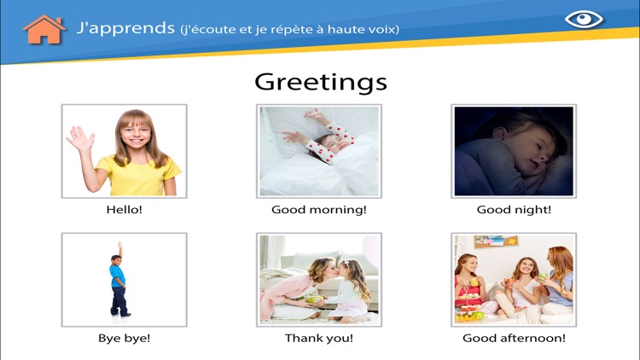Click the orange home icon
pyautogui.click(x=44, y=29)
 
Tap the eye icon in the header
pyautogui.click(x=584, y=19)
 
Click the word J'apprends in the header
pyautogui.click(x=125, y=28)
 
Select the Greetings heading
pyautogui.click(x=320, y=82)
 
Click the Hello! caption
pyautogui.click(x=124, y=210)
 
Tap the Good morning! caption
pyautogui.click(x=319, y=210)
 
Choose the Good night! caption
pyautogui.click(x=514, y=210)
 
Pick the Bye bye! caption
pyautogui.click(x=124, y=338)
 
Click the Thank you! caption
pyautogui.click(x=319, y=338)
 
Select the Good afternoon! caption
pyautogui.click(x=514, y=338)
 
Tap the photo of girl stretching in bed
pyautogui.click(x=319, y=151)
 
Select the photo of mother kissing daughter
pyautogui.click(x=319, y=279)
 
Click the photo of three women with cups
pyautogui.click(x=514, y=279)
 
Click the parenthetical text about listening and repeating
pyautogui.click(x=290, y=30)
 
